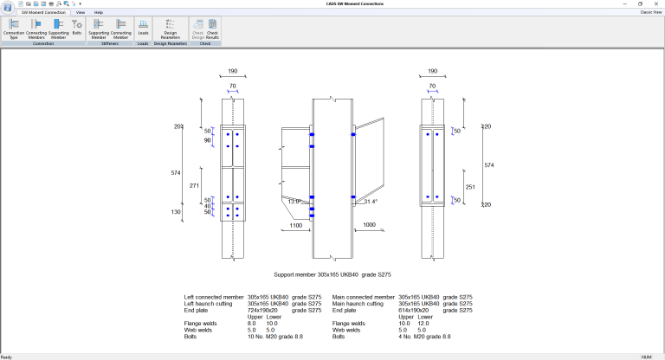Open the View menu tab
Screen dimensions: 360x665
(x=81, y=13)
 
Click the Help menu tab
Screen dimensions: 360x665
(x=99, y=13)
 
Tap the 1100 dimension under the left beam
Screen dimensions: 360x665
(x=296, y=225)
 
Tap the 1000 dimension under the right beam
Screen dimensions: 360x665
(x=369, y=225)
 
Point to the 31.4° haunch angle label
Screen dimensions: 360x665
(x=371, y=202)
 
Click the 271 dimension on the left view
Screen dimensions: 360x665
(x=195, y=186)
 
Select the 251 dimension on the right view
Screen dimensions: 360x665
(x=470, y=186)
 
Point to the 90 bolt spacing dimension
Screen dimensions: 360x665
(x=208, y=140)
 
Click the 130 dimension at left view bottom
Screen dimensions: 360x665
(x=176, y=212)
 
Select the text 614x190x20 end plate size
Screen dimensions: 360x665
(x=417, y=310)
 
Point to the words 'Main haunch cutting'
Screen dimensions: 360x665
(x=355, y=304)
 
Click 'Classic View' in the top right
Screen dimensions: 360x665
(x=651, y=13)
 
